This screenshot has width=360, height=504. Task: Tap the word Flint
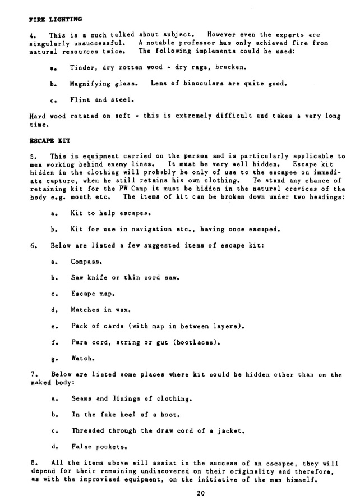click(x=80, y=100)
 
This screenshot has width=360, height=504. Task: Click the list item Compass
click(x=87, y=262)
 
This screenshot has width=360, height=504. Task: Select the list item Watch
click(x=81, y=358)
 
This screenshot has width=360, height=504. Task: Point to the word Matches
click(x=85, y=309)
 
